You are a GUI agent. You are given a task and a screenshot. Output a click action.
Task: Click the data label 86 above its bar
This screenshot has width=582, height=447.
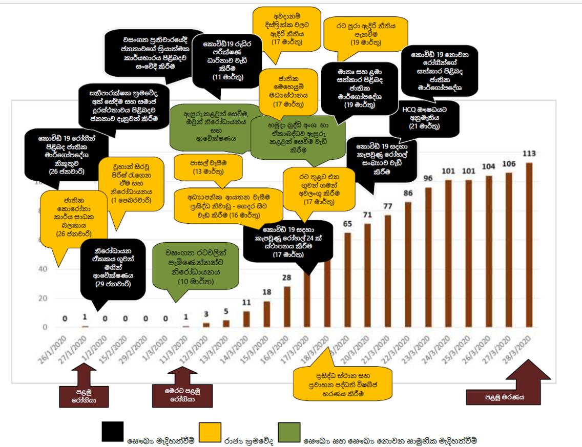point(408,194)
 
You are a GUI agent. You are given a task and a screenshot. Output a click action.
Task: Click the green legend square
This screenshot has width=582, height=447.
point(288,432)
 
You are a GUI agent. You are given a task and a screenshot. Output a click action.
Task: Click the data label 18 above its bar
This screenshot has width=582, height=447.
point(267,292)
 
